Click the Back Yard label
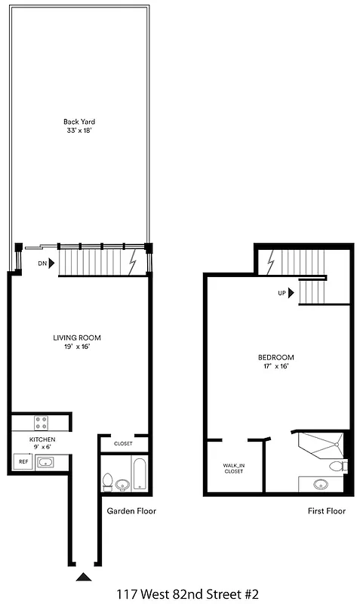click(x=79, y=121)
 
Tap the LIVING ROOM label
click(x=77, y=337)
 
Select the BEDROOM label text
click(x=275, y=357)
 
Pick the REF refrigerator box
click(x=23, y=461)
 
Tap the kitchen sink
click(x=48, y=461)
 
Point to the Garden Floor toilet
click(x=108, y=479)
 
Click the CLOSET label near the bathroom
click(x=123, y=444)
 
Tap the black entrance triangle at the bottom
click(x=83, y=577)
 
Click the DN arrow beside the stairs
click(x=47, y=264)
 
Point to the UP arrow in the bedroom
click(x=286, y=294)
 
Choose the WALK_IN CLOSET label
click(x=233, y=468)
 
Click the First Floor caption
click(x=325, y=511)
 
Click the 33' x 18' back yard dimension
click(x=79, y=131)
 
